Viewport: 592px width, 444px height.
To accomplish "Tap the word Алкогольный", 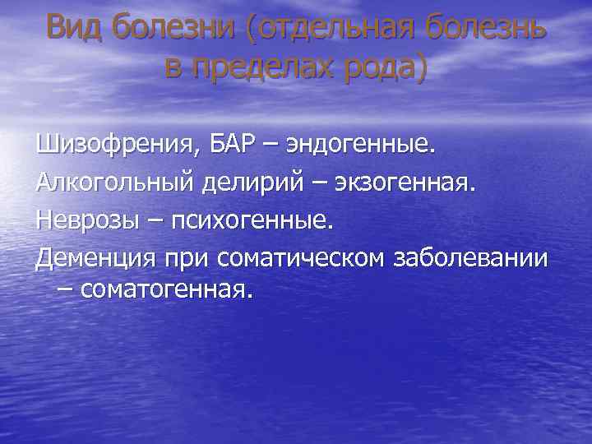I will click(114, 183).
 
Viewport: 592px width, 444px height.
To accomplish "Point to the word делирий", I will click(261, 183).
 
